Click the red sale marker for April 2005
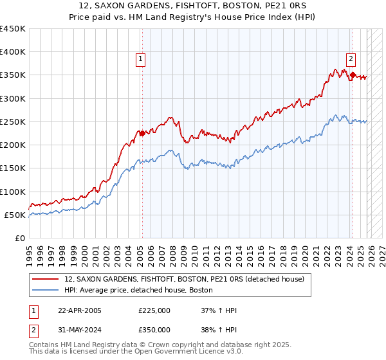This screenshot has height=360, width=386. [142, 134]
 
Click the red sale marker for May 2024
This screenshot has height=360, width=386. [353, 75]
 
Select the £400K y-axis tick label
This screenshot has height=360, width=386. [13, 52]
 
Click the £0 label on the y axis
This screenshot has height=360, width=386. [19, 238]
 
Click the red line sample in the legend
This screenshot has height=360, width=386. [46, 279]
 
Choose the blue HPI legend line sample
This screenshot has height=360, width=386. [46, 290]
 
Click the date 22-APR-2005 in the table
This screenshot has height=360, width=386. [79, 310]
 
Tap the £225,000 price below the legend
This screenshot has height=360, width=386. [154, 310]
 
